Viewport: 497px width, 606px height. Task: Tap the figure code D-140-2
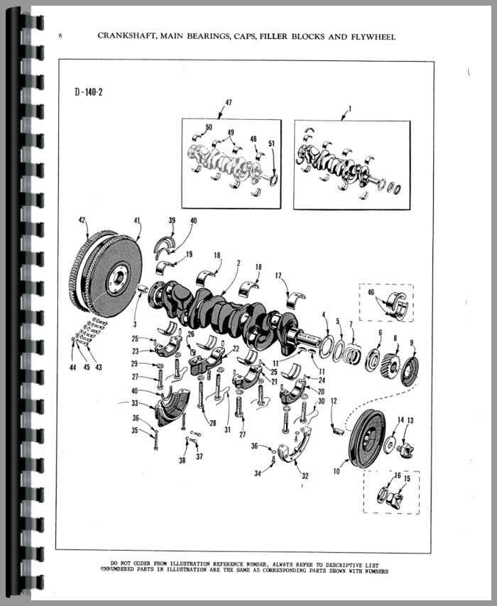(89, 92)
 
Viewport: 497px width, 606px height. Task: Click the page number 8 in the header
(60, 36)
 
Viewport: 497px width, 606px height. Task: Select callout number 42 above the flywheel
(82, 220)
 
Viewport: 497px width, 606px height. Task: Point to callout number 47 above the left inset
(229, 102)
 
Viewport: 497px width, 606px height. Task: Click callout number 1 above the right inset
(350, 109)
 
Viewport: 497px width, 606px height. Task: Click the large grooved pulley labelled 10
(367, 436)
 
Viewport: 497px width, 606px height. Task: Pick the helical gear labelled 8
(392, 364)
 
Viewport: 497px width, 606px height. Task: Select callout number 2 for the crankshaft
(239, 263)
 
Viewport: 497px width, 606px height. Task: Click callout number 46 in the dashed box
(371, 292)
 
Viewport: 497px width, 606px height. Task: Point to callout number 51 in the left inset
(271, 143)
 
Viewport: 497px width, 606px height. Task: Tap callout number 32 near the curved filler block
(305, 476)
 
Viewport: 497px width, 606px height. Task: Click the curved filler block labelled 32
(296, 449)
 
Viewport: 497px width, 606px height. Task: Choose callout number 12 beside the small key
(334, 401)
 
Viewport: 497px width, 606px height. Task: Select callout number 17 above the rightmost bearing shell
(278, 276)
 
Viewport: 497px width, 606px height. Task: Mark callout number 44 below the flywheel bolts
(72, 367)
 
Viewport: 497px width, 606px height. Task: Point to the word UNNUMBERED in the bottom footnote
(118, 570)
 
